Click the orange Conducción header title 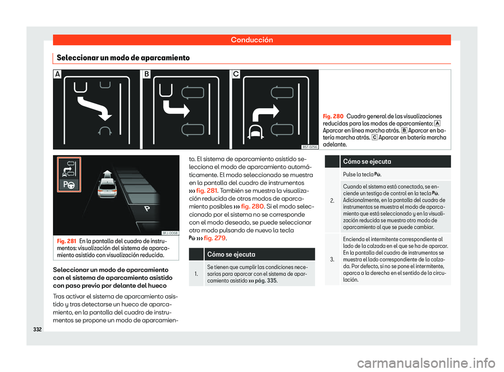252,39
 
